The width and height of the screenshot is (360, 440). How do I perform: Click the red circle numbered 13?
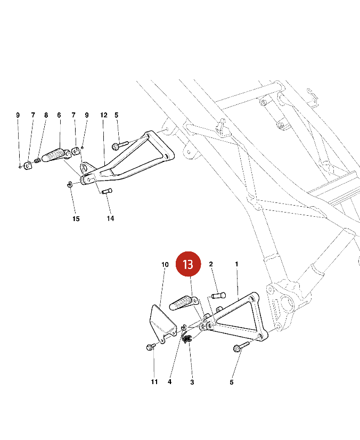click(188, 264)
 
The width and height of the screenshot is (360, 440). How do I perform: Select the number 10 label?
click(165, 265)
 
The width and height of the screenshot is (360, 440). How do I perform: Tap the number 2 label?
click(211, 264)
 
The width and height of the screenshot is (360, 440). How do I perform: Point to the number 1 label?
click(236, 264)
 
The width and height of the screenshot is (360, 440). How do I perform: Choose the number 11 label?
click(154, 382)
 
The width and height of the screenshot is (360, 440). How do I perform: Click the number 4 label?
click(169, 382)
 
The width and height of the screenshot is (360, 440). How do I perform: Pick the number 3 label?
click(192, 382)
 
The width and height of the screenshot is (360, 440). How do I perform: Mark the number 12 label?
click(104, 115)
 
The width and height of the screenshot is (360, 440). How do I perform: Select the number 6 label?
click(59, 115)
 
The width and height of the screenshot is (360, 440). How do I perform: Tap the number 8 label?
click(46, 115)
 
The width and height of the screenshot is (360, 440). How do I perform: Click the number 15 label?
click(76, 218)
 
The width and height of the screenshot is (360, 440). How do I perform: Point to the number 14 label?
click(110, 218)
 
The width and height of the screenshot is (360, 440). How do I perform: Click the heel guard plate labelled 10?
click(162, 322)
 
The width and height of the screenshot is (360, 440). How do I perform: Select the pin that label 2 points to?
click(219, 296)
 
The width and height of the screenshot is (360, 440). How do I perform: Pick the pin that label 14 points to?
click(107, 191)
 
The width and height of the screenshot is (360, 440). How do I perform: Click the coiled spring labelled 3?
click(186, 338)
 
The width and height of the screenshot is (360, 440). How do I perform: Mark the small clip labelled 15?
click(70, 185)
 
